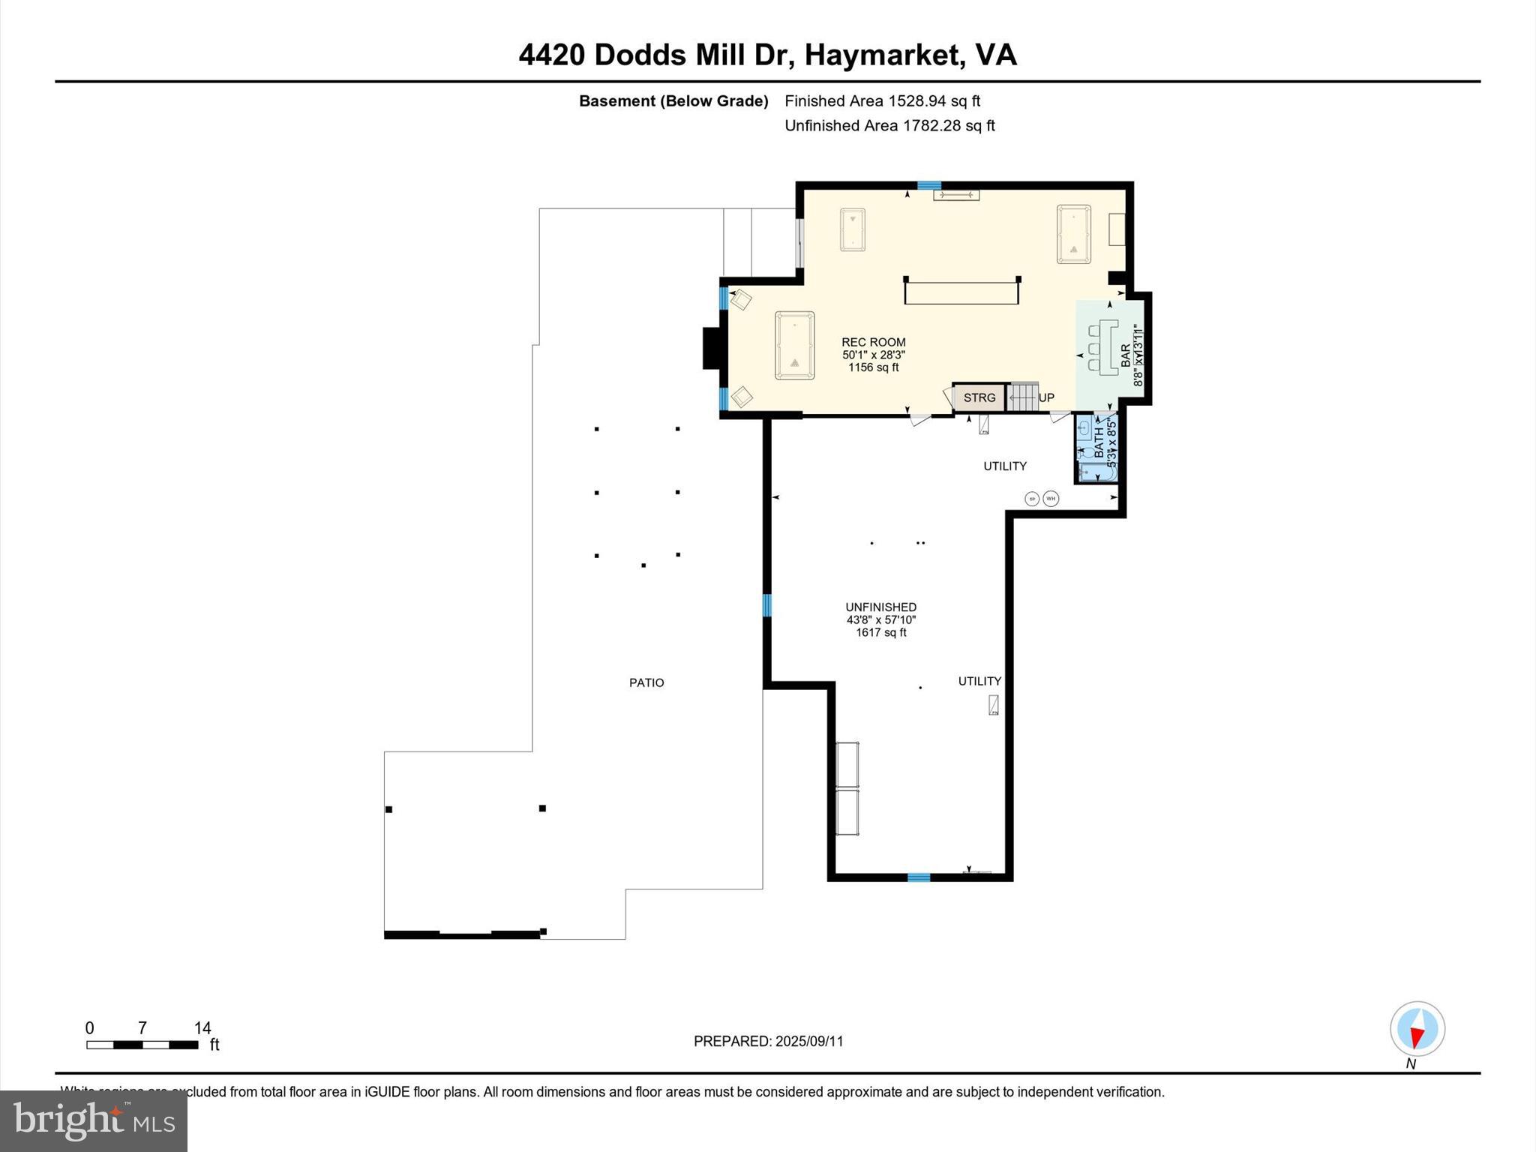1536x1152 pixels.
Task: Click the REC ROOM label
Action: [873, 342]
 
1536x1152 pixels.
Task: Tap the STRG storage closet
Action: [979, 397]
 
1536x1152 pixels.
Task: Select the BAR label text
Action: [1125, 355]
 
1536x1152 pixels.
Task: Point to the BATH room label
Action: [1099, 442]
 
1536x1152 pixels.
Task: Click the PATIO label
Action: [646, 682]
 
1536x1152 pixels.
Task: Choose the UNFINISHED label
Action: [880, 607]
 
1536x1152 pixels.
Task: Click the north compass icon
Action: [1417, 1028]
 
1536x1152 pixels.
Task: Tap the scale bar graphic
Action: [142, 1045]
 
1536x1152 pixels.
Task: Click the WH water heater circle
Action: [1051, 498]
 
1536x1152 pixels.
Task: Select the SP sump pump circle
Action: [1031, 499]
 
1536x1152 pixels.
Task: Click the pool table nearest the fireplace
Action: [794, 345]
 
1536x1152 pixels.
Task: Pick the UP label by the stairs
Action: [1046, 397]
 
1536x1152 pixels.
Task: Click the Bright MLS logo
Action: [94, 1120]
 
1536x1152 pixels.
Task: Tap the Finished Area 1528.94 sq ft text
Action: [882, 100]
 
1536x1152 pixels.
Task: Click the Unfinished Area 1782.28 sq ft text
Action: [889, 125]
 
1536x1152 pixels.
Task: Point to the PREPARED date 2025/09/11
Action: [768, 1041]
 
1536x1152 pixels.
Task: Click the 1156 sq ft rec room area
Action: [873, 367]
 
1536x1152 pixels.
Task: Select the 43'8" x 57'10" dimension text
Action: [880, 619]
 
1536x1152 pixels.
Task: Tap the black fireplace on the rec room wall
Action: [711, 348]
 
